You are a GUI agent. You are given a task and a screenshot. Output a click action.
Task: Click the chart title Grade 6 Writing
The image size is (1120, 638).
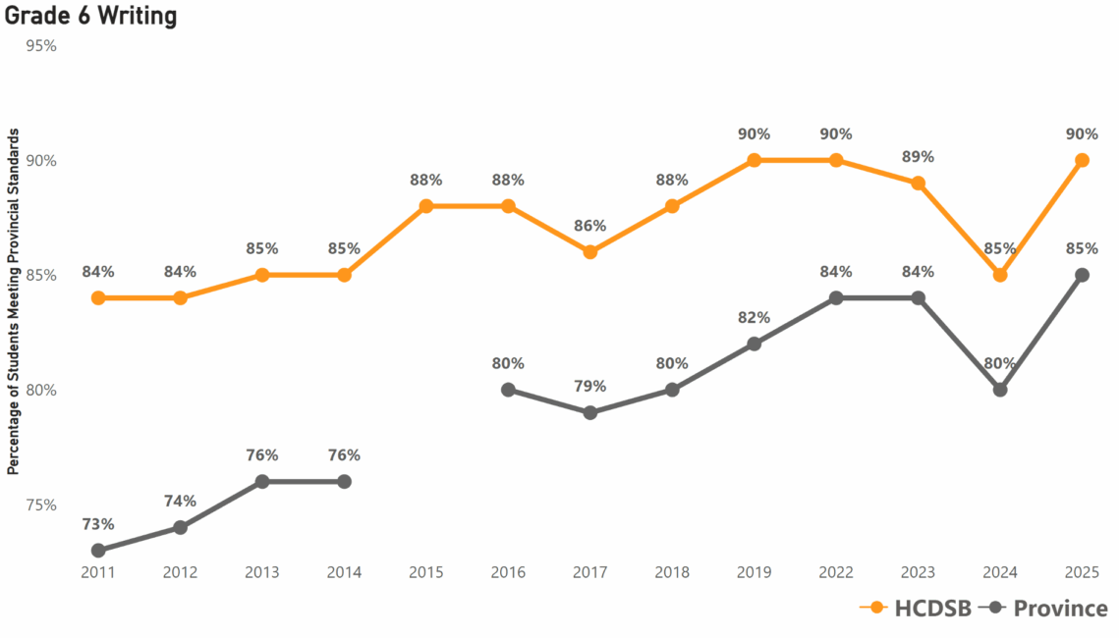coord(91,16)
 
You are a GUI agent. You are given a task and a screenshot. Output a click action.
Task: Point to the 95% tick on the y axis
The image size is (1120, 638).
coord(41,46)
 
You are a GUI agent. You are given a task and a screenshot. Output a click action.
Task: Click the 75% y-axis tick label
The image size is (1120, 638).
coord(41,505)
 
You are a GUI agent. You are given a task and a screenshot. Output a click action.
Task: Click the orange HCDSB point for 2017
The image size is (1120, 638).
coord(590,252)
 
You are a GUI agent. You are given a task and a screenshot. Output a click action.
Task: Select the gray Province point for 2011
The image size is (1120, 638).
coord(98,551)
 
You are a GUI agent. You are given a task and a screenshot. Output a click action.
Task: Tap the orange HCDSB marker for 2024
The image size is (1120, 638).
coord(1000,275)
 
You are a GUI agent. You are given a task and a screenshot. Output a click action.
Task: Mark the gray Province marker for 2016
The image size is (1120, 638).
coord(508,390)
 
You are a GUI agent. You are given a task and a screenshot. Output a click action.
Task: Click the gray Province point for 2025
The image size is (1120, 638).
coord(1082,275)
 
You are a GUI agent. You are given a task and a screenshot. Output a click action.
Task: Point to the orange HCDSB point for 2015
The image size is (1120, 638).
coord(426,206)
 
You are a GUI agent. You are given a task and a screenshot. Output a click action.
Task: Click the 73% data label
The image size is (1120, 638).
coord(98,524)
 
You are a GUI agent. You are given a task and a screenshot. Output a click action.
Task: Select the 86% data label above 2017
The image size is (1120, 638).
coord(590,226)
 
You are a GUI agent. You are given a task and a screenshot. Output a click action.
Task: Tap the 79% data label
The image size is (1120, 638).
coord(590,387)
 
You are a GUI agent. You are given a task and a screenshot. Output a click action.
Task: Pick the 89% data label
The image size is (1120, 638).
coord(918,157)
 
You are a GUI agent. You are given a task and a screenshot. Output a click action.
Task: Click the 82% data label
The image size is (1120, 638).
coord(754,318)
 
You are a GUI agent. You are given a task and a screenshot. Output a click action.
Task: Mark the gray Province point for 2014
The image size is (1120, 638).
coord(344,482)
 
